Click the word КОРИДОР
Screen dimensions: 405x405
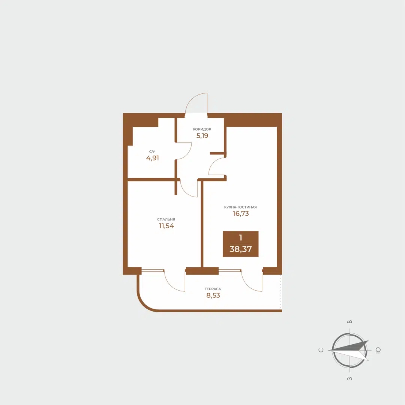coord(202,129)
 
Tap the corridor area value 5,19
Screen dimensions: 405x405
coord(202,136)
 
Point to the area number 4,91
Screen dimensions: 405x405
coord(152,158)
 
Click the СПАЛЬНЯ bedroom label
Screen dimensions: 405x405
coord(166,219)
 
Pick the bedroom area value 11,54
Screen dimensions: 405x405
coord(166,226)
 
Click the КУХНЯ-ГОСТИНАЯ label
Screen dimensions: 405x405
coord(240,207)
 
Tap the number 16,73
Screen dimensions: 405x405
coord(241,214)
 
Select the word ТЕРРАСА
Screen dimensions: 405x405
coord(213,289)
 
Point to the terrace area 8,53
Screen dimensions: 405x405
coord(213,295)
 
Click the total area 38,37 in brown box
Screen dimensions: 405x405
coord(240,249)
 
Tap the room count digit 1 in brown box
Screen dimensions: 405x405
coord(240,238)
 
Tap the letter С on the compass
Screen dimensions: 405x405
coord(321,350)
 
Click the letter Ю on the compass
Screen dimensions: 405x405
coord(378,350)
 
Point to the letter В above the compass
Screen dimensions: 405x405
coord(349,322)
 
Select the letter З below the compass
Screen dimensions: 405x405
coord(349,379)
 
